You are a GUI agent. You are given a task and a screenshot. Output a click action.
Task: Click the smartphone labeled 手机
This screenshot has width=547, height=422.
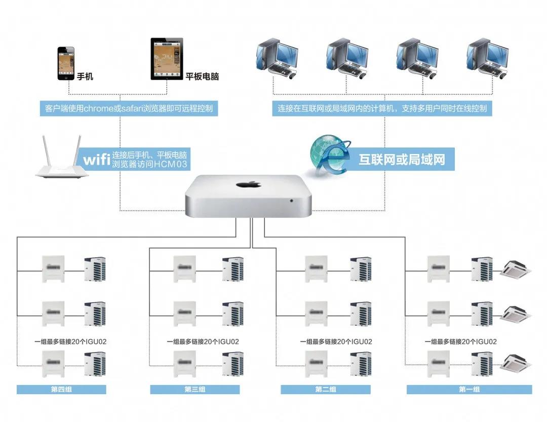point(65,64)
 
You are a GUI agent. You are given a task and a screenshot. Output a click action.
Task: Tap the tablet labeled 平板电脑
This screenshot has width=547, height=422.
point(166,59)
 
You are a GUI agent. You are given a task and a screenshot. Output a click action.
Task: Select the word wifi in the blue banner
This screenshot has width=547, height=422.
point(97,160)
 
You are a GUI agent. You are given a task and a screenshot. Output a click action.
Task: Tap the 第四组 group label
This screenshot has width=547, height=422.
point(61,390)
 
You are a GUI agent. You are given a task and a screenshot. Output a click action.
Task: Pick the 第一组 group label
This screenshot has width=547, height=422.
point(469,390)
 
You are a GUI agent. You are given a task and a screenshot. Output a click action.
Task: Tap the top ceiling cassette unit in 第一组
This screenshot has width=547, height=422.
point(516,270)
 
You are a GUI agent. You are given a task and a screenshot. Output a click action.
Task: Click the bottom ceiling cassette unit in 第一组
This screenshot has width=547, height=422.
point(516,362)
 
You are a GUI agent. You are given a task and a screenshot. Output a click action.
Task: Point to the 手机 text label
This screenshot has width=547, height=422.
point(85,77)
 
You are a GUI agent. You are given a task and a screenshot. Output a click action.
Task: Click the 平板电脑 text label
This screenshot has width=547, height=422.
point(202,77)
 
